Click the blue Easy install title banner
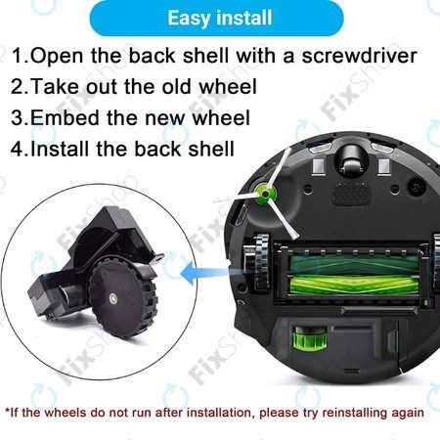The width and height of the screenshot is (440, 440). (x=220, y=19)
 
